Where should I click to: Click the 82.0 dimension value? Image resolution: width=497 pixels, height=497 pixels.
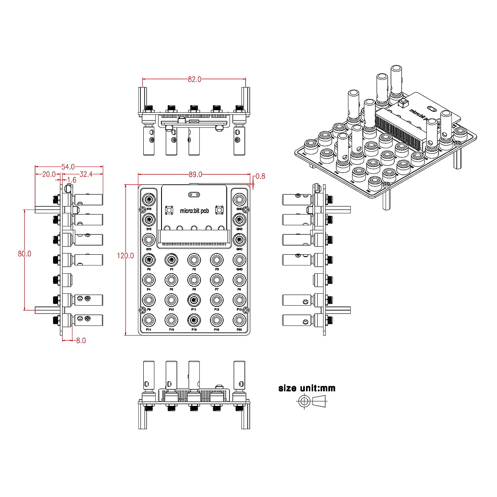(x=194, y=79)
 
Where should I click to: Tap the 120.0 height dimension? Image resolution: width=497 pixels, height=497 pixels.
(x=125, y=256)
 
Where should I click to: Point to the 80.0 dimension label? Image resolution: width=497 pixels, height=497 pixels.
(x=24, y=253)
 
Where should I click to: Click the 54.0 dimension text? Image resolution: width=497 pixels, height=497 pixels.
(x=68, y=167)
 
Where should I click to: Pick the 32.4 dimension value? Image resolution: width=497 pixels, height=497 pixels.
(x=86, y=174)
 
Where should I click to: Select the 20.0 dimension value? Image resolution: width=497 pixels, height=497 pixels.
(x=49, y=174)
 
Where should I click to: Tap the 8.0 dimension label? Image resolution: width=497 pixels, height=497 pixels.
(x=81, y=340)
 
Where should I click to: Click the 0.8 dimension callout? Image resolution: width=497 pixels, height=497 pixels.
(x=260, y=176)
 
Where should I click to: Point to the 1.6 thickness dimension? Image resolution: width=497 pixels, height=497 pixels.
(x=71, y=180)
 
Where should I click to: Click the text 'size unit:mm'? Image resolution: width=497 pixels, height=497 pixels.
(x=307, y=388)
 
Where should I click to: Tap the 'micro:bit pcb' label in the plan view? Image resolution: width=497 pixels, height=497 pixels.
(x=195, y=211)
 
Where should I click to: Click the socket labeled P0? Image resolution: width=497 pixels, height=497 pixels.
(x=149, y=260)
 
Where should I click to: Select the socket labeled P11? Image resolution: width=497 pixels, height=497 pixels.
(x=194, y=299)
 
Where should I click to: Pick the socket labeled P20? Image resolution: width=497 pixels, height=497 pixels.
(x=239, y=319)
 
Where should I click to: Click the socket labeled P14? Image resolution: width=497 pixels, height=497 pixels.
(x=149, y=319)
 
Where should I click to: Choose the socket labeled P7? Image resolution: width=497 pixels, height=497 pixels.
(x=217, y=279)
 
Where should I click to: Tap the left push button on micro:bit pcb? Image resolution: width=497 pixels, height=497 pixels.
(x=169, y=210)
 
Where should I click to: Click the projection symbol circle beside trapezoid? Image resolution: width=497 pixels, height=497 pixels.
(x=304, y=400)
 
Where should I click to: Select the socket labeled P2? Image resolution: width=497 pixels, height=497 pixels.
(x=194, y=260)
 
